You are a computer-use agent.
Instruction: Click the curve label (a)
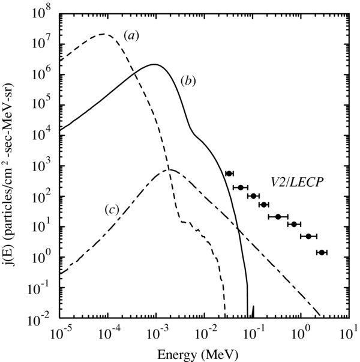click(131, 35)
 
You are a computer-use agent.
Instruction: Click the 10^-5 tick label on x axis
click(60, 332)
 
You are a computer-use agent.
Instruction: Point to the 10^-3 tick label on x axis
click(156, 332)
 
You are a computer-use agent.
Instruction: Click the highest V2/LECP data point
click(229, 173)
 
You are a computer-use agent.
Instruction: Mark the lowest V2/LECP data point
click(322, 253)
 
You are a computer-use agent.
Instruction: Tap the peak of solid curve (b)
click(155, 64)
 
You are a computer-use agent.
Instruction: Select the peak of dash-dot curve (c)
click(170, 170)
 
